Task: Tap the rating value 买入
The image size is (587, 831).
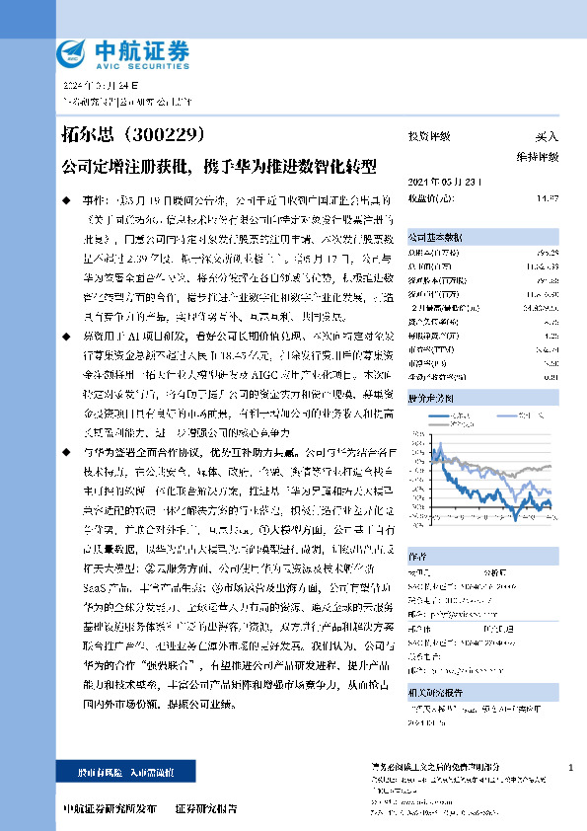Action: click(547, 136)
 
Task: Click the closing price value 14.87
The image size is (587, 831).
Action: click(548, 196)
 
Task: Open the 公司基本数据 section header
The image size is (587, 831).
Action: click(433, 238)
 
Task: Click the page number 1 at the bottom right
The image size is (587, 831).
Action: click(571, 767)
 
